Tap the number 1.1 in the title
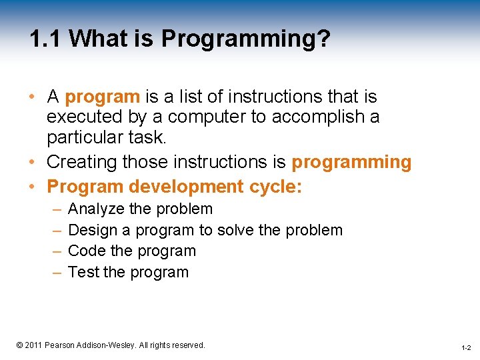tap(45, 39)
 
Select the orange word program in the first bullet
tap(102, 97)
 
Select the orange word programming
tap(351, 162)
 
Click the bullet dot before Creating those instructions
tap(33, 163)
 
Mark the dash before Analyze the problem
tap(54, 209)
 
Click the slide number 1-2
tap(465, 348)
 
